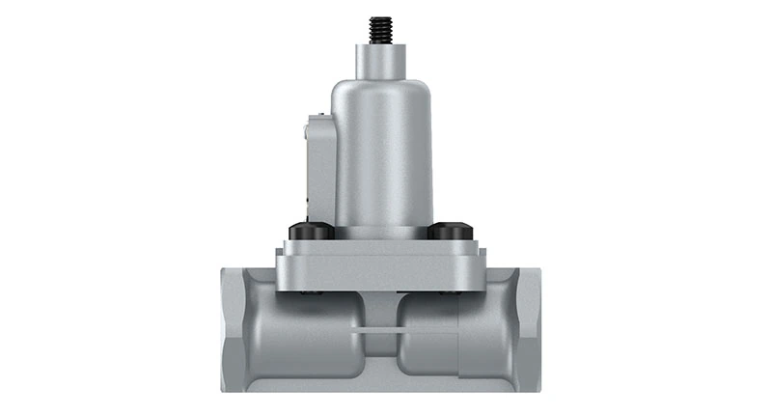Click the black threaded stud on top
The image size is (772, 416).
pyautogui.click(x=382, y=30)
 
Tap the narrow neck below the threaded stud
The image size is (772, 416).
pyautogui.click(x=382, y=63)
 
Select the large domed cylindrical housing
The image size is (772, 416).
pyautogui.click(x=382, y=154)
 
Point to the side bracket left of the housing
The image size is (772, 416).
pyautogui.click(x=319, y=169)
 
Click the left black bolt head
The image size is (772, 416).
pyautogui.click(x=311, y=232)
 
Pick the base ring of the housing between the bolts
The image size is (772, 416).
pyautogui.click(x=382, y=232)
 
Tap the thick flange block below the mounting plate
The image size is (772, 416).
pyautogui.click(x=382, y=274)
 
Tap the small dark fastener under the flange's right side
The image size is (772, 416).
pyautogui.click(x=446, y=292)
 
